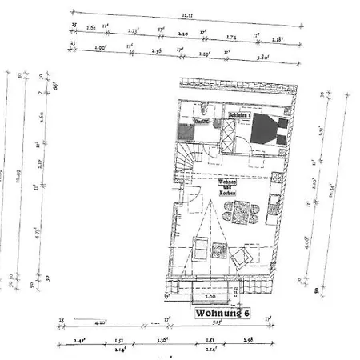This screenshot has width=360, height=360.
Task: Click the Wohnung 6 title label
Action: point(223,314)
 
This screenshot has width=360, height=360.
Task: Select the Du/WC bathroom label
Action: point(202,122)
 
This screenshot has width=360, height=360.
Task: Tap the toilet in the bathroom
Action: point(206,109)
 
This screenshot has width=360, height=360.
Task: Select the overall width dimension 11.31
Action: point(186,14)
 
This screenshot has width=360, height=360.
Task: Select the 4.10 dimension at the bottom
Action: point(102,323)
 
